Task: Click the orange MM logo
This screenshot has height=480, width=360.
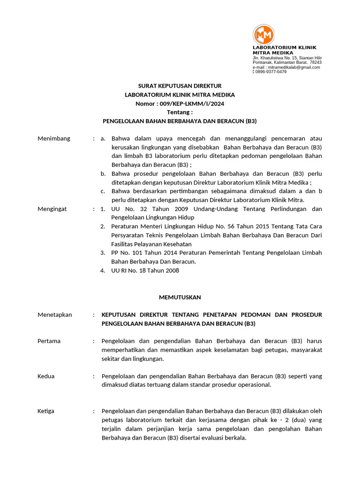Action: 263,35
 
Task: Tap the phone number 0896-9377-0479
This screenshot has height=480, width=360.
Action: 271,72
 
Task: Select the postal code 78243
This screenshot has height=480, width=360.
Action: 315,62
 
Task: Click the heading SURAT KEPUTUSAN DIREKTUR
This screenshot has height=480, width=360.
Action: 180,86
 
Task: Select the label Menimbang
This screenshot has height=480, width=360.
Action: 54,138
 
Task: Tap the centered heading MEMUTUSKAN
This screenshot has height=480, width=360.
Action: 180,297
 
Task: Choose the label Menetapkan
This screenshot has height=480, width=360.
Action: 55,315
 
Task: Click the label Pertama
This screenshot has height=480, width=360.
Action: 49,341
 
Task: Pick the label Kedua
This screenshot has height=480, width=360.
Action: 46,376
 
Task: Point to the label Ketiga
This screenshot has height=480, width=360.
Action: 46,411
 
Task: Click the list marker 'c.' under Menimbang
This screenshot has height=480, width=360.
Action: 103,191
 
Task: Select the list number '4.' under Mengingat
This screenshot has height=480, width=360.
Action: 103,270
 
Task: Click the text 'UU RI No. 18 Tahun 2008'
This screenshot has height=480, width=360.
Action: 145,270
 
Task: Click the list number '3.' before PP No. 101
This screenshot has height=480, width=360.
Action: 103,253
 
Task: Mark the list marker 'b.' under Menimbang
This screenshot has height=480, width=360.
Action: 103,173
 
